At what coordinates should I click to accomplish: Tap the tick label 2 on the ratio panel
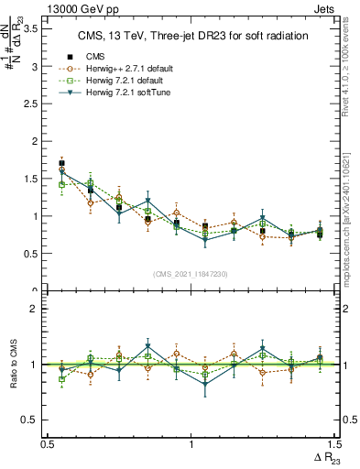[x=35, y=309]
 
